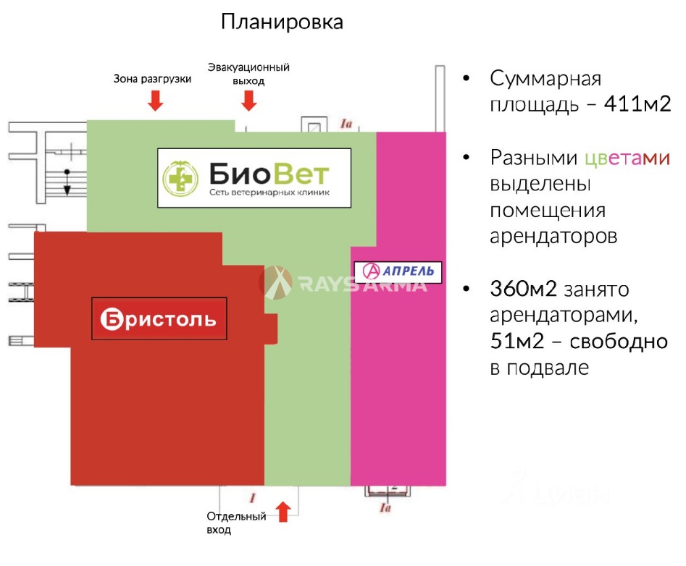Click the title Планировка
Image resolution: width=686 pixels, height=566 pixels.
282,22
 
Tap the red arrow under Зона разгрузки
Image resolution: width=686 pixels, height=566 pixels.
155,100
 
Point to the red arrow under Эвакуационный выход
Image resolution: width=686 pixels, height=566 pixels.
249,100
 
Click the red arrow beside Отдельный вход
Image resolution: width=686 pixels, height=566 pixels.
283,512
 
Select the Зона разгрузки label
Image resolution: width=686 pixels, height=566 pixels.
152,79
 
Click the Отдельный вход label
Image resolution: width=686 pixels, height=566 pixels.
236,523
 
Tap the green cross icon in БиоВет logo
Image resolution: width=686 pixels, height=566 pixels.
180,178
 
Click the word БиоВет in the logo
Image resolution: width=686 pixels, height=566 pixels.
269,174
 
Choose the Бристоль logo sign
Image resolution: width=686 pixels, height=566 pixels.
159,318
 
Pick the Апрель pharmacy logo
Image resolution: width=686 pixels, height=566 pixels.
398,271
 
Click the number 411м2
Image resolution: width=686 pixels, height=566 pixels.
637,104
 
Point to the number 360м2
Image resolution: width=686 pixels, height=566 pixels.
523,289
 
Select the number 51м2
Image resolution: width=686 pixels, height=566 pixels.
517,341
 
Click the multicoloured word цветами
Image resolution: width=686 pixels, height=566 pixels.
627,158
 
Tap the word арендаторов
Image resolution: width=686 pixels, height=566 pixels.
553,237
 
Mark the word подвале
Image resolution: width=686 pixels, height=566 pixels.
548,368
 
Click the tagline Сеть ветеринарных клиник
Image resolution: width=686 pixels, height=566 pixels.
269,193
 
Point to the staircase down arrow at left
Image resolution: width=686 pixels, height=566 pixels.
67,182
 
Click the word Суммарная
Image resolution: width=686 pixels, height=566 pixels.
545,79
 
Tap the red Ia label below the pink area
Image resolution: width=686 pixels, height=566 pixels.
385,507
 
